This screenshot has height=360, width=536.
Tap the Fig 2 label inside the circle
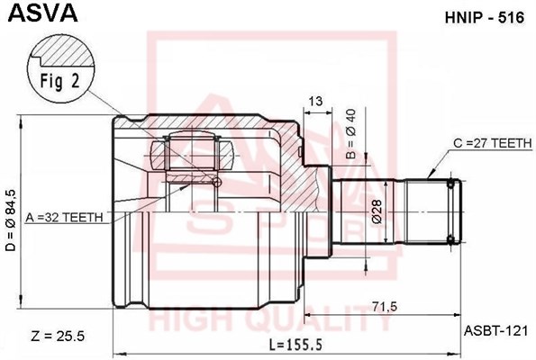(60, 77)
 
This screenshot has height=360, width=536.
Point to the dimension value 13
(315, 101)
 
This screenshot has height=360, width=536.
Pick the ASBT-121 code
(487, 331)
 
